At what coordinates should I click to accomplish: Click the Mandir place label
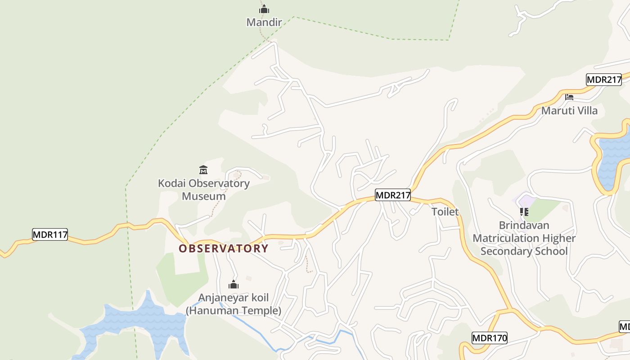pyautogui.click(x=264, y=22)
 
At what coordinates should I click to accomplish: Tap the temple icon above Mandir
pyautogui.click(x=264, y=9)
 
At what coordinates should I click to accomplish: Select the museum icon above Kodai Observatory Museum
pyautogui.click(x=203, y=170)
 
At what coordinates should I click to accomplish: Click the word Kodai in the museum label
pyautogui.click(x=171, y=184)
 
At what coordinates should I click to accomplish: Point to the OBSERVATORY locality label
pyautogui.click(x=223, y=248)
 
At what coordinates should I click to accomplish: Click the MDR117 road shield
pyautogui.click(x=50, y=234)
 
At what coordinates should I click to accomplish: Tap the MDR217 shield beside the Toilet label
pyautogui.click(x=393, y=195)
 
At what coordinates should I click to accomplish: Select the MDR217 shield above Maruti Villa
pyautogui.click(x=604, y=80)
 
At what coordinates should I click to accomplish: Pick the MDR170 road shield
pyautogui.click(x=490, y=337)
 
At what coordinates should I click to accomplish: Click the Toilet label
pyautogui.click(x=445, y=212)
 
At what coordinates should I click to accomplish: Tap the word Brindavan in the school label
pyautogui.click(x=524, y=225)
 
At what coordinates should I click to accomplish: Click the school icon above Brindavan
pyautogui.click(x=524, y=211)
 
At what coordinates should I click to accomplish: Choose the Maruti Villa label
pyautogui.click(x=569, y=111)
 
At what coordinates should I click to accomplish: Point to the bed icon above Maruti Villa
pyautogui.click(x=569, y=97)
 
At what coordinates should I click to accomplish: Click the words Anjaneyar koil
pyautogui.click(x=234, y=297)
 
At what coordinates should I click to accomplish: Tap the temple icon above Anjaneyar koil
pyautogui.click(x=234, y=284)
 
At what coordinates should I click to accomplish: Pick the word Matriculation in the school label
pyautogui.click(x=506, y=238)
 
